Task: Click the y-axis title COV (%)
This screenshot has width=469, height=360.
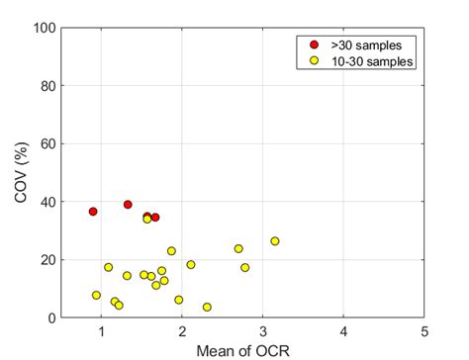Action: tap(21, 173)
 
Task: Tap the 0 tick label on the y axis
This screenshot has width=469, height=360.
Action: tap(47, 318)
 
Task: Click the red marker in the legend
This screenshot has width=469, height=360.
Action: tap(314, 45)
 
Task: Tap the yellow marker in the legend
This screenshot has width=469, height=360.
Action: tap(314, 60)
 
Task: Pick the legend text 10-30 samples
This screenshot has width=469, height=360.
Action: tap(368, 60)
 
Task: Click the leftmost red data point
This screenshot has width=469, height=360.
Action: tap(93, 212)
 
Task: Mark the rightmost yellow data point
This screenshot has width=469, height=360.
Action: tap(275, 241)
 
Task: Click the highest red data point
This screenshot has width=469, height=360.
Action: tap(128, 205)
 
